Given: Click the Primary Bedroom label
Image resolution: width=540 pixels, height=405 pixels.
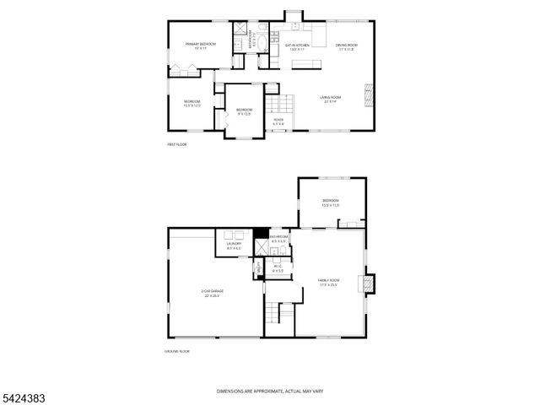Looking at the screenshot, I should click(x=202, y=45).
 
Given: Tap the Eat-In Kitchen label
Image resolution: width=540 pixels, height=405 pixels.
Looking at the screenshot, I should click(x=298, y=46).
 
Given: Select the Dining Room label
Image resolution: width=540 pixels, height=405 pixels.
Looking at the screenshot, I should click(x=347, y=46).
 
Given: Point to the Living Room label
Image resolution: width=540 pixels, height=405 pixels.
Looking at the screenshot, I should click(x=330, y=100).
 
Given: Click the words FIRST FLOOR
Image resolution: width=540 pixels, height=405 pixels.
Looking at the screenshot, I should click(x=176, y=145).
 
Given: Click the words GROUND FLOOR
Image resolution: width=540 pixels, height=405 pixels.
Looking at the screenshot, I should click(x=176, y=350).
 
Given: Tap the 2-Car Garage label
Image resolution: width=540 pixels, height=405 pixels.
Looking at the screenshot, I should click(x=213, y=294).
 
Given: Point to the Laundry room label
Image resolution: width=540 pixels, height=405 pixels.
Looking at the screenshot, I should click(x=234, y=246).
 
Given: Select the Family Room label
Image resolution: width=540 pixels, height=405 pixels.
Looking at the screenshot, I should click(x=327, y=282).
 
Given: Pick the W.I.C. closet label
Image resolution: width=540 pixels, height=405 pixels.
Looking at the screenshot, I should click(x=277, y=268).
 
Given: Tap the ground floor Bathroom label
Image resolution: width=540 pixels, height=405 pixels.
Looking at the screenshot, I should click(x=278, y=239).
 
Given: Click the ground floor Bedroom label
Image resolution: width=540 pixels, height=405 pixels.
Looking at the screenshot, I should click(x=330, y=202).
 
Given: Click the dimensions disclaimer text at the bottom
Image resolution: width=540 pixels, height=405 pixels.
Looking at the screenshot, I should click(x=269, y=391).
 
